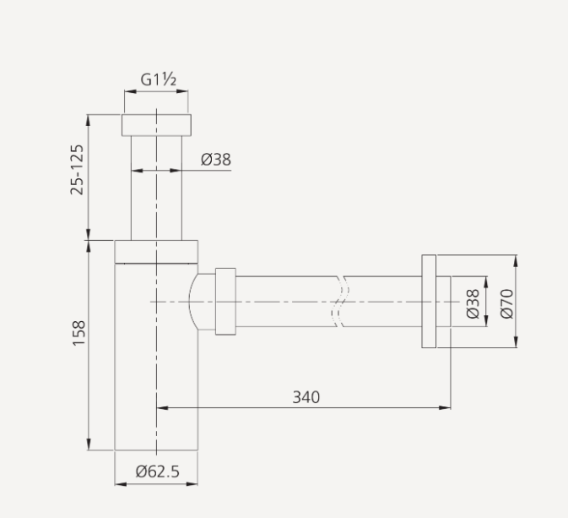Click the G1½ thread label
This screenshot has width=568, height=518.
pyautogui.click(x=157, y=80)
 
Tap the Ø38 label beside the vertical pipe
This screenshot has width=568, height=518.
pyautogui.click(x=216, y=159)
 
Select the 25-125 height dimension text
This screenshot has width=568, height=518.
pyautogui.click(x=78, y=169)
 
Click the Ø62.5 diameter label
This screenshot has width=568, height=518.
pyautogui.click(x=158, y=472)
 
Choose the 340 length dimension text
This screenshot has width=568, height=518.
pyautogui.click(x=306, y=396)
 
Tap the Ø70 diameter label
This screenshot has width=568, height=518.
pyautogui.click(x=506, y=303)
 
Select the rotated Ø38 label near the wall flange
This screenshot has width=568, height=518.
pyautogui.click(x=473, y=303)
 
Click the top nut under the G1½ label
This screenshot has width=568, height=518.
pyautogui.click(x=156, y=124)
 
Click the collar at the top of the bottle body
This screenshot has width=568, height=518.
pyautogui.click(x=156, y=251)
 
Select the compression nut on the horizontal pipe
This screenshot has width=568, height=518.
pyautogui.click(x=225, y=302)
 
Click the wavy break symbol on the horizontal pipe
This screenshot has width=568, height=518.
pyautogui.click(x=342, y=302)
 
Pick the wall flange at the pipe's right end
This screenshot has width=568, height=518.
pyautogui.click(x=429, y=301)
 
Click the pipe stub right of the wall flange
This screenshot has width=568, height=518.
pyautogui.click(x=443, y=301)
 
